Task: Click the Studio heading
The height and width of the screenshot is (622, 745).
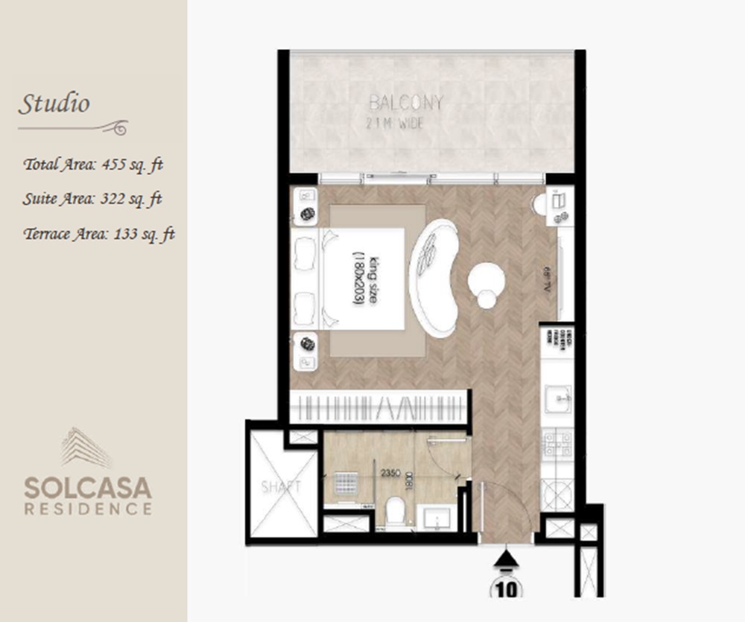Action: tap(54, 104)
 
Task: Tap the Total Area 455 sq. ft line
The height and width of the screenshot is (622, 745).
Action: tap(93, 165)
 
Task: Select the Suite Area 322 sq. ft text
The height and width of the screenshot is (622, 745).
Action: tap(93, 199)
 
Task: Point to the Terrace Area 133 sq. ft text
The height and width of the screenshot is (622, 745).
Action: tap(99, 234)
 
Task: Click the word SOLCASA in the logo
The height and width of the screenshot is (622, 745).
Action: tap(88, 488)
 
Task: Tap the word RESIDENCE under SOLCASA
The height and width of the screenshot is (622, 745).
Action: tap(88, 510)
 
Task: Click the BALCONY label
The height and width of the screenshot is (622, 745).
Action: tap(406, 104)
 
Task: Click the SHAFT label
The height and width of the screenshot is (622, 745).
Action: tap(281, 487)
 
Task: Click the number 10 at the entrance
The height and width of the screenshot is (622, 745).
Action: tap(507, 588)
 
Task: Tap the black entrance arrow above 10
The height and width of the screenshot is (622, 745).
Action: tap(507, 559)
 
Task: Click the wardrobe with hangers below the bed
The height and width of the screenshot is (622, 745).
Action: tap(380, 409)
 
